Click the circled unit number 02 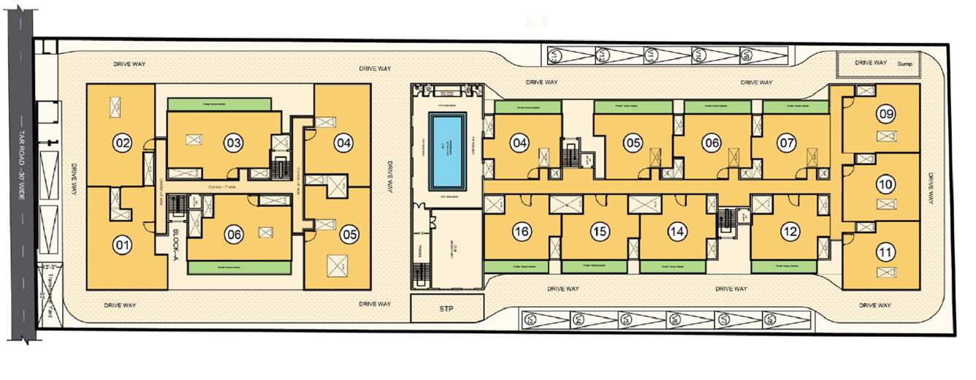122,143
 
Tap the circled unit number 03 233,143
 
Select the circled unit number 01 122,244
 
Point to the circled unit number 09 886,114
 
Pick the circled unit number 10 886,185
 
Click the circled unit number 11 886,254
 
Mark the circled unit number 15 600,232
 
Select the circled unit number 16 521,232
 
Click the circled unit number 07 786,143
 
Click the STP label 447,309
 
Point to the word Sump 906,64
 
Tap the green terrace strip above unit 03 224,104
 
